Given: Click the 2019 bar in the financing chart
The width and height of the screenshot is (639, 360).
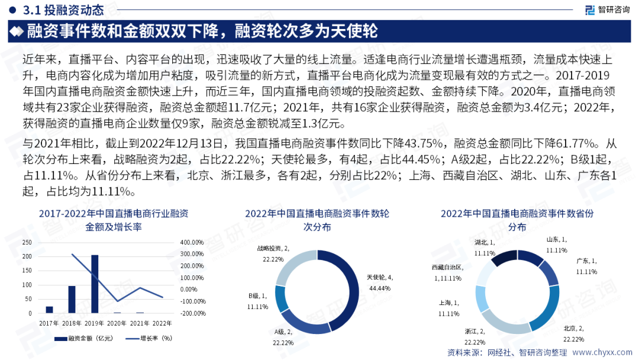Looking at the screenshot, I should click(95, 284).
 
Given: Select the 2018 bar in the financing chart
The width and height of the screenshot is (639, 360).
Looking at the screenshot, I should click(72, 299).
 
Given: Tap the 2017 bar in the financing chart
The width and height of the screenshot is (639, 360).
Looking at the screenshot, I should click(49, 309).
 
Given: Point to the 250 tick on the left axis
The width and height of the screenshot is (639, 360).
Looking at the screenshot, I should click(26, 242).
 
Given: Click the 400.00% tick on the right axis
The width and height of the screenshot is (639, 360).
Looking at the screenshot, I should click(192, 242).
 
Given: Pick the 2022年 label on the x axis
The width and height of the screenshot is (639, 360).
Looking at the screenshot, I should click(162, 323).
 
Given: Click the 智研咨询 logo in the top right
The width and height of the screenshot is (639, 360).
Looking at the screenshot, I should click(606, 9).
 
